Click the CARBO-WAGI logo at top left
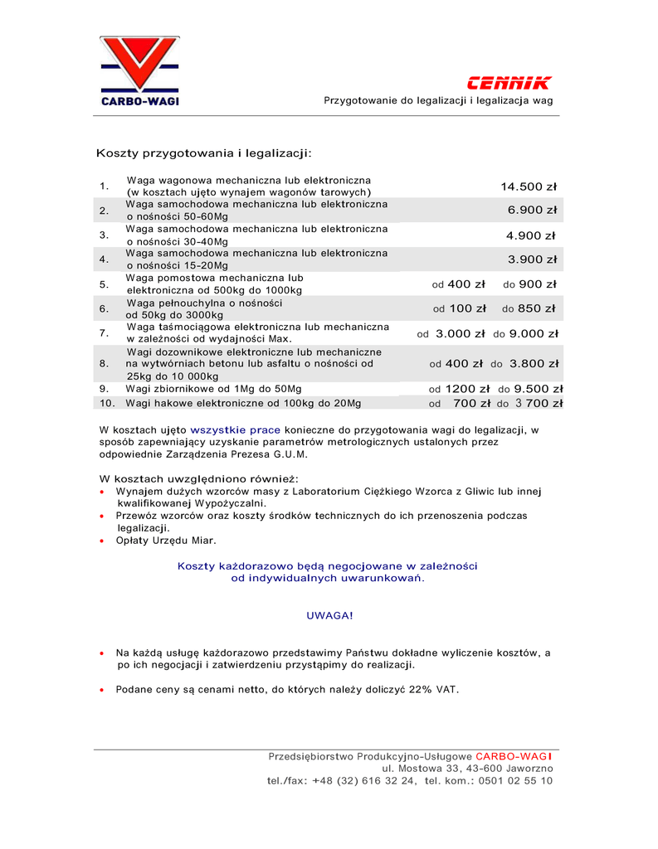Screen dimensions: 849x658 (139, 71)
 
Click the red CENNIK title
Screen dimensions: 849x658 (509, 83)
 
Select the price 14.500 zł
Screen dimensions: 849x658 (529, 187)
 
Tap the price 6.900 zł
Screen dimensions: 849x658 (532, 211)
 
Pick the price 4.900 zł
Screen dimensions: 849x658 (531, 235)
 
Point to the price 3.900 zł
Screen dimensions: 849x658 (532, 260)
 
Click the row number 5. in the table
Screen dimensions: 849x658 (105, 284)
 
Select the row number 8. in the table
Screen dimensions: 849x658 (104, 363)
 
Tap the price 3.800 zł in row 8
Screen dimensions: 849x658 (534, 363)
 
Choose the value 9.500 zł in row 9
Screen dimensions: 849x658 (539, 389)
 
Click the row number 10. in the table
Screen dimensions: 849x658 (107, 404)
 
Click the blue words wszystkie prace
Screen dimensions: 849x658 (236, 430)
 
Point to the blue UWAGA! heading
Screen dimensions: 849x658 (329, 616)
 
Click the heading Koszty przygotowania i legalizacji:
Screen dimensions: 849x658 (204, 153)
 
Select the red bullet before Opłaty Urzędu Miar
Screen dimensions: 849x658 (101, 541)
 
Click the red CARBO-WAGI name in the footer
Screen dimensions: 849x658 (514, 757)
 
